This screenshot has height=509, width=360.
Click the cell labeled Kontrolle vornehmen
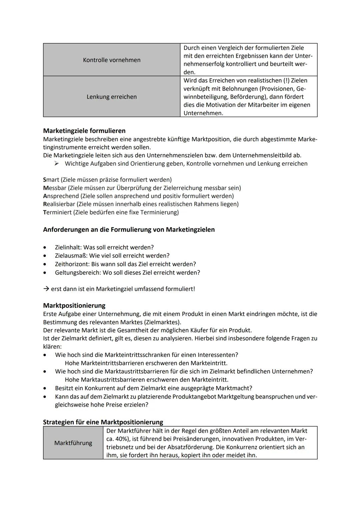coord(112,60)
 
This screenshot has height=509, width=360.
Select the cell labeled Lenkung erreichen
coord(112,97)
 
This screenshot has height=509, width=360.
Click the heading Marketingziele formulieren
coord(84,131)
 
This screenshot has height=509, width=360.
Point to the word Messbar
coord(55,188)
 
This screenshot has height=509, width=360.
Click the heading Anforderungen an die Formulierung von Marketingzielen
coord(129,230)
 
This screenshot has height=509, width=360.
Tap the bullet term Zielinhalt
coord(68,247)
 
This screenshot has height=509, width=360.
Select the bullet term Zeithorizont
coord(72,264)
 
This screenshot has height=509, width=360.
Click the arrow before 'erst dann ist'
coord(46,289)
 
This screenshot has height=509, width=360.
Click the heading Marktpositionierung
coord(74,305)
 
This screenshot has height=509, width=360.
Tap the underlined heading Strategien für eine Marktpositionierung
coord(103,422)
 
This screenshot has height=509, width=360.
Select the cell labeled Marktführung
coord(73,443)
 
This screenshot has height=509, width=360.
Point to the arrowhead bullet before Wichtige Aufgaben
coord(57,164)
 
